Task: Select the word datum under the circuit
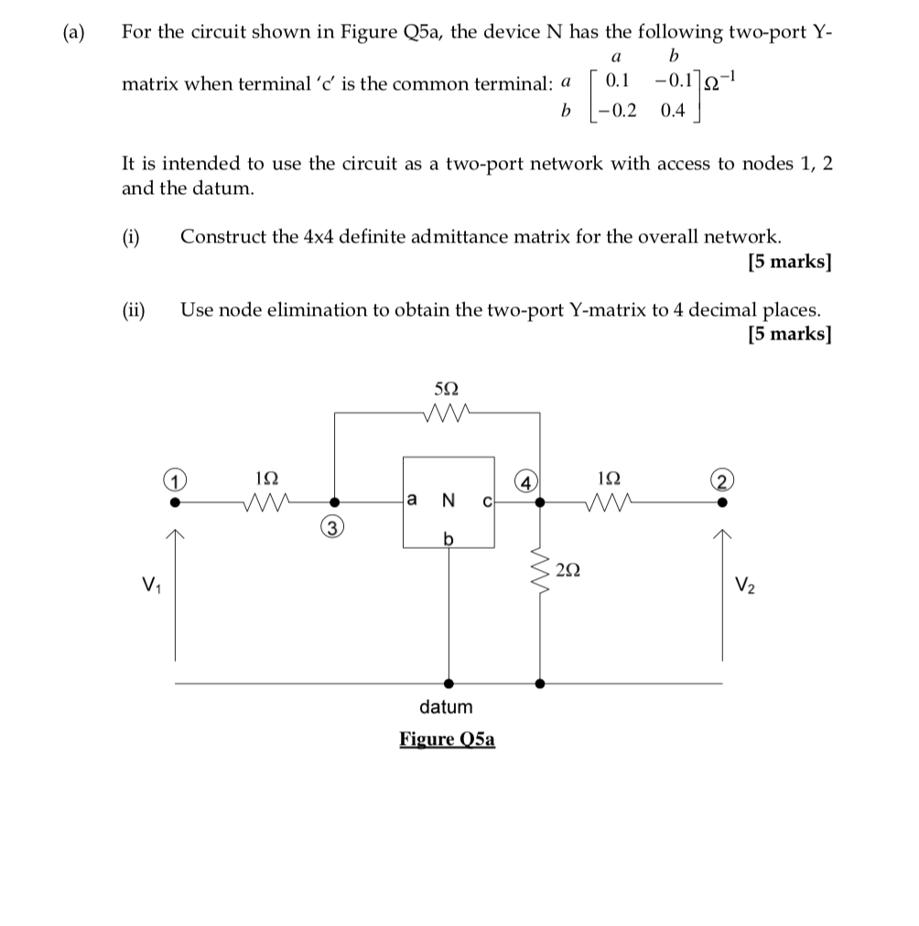[446, 706]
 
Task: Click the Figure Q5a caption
[447, 738]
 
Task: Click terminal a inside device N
[412, 500]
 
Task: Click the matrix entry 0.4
[672, 112]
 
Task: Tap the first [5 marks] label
[789, 262]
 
